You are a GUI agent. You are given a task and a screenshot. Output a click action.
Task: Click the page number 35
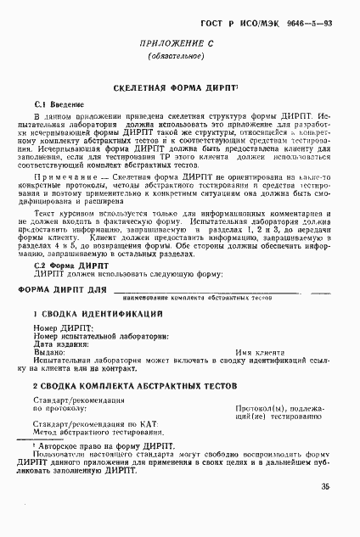click(325, 486)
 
